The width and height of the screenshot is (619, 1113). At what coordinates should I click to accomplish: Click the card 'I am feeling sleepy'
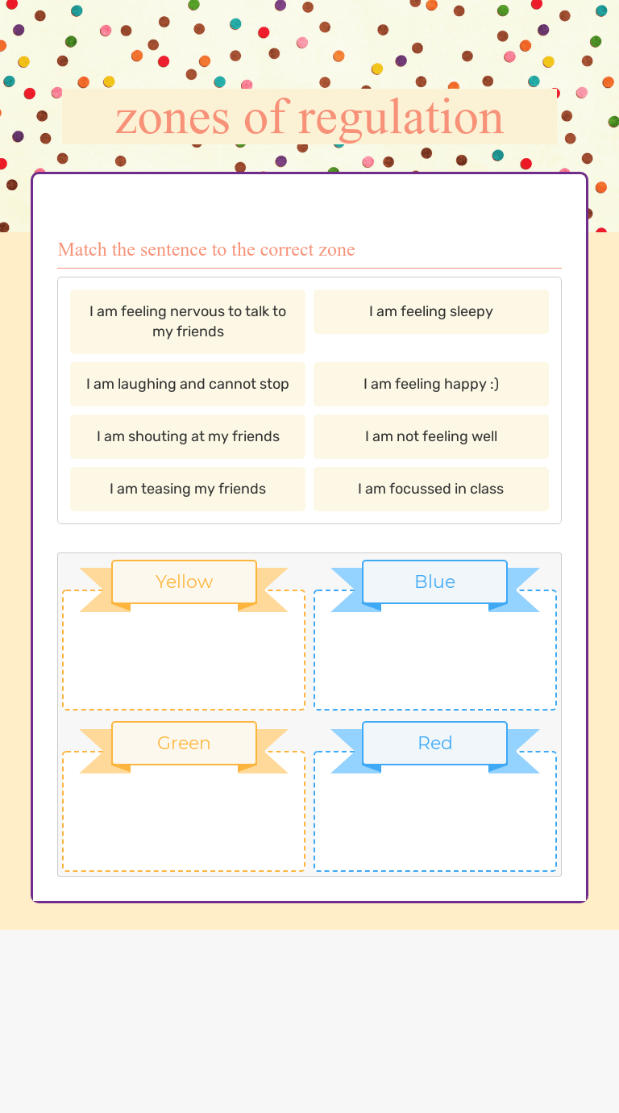point(431,311)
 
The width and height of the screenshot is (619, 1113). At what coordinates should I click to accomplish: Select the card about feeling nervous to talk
point(188,322)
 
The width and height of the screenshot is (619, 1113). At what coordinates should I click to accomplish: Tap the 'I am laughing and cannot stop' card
point(188,384)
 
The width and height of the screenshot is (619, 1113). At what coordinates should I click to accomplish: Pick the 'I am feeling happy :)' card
point(431,384)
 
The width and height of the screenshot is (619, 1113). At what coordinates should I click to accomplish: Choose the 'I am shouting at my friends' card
point(188,436)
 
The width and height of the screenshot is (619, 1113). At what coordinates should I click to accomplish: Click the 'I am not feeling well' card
point(431,436)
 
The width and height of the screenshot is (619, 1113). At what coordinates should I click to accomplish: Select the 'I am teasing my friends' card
point(188,489)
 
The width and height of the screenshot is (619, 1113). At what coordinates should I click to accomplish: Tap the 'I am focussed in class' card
point(431,489)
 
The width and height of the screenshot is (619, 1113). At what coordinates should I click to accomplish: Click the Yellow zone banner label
point(184,582)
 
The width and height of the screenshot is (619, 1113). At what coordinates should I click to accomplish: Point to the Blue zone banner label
point(435,582)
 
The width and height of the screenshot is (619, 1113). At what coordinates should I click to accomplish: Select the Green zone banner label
point(184,744)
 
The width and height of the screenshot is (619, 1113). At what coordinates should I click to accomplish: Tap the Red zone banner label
point(435,744)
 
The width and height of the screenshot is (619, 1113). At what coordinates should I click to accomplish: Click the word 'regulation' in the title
point(401,119)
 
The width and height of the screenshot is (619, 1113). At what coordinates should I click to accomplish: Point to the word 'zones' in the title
point(172,120)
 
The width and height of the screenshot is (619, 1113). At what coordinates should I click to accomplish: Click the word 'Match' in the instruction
point(82,249)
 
